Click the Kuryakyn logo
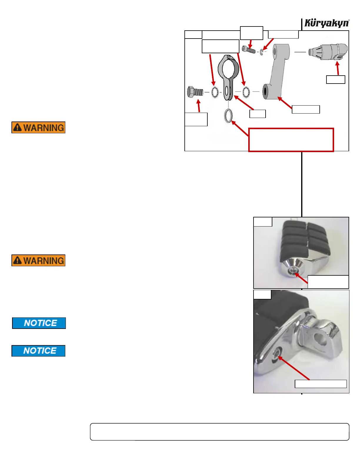tap(326, 23)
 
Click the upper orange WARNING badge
tap(39, 127)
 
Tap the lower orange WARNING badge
tap(39, 260)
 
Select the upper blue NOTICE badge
tap(39, 323)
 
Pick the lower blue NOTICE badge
tap(39, 351)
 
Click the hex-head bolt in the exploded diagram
tap(195, 92)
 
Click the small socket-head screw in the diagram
tap(249, 49)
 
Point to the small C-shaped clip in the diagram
tap(261, 52)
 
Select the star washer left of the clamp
tap(215, 92)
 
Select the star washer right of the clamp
tap(246, 92)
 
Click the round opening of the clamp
tap(229, 69)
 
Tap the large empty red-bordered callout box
tap(291, 140)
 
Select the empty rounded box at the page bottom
tap(219, 432)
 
